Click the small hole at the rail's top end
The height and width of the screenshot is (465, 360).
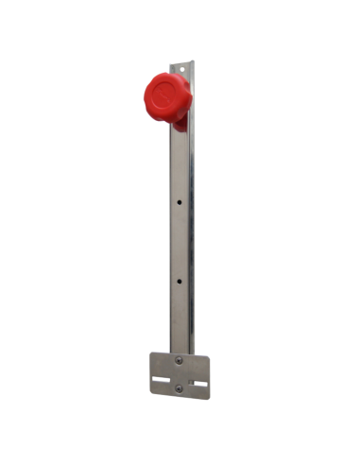pyautogui.click(x=179, y=70)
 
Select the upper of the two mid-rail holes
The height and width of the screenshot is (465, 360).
pyautogui.click(x=180, y=201)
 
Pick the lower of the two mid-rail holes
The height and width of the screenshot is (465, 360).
pyautogui.click(x=180, y=281)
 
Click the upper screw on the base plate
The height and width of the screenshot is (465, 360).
pyautogui.click(x=180, y=360)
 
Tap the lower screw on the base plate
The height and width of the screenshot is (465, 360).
pyautogui.click(x=180, y=388)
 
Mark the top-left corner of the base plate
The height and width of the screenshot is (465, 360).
pyautogui.click(x=151, y=353)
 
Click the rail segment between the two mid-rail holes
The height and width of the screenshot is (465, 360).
pyautogui.click(x=180, y=241)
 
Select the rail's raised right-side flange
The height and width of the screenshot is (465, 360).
pyautogui.click(x=190, y=236)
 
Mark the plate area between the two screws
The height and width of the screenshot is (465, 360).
pyautogui.click(x=180, y=374)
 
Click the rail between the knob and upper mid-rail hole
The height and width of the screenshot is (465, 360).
pyautogui.click(x=180, y=165)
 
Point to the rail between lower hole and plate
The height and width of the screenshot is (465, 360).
pyautogui.click(x=180, y=317)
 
